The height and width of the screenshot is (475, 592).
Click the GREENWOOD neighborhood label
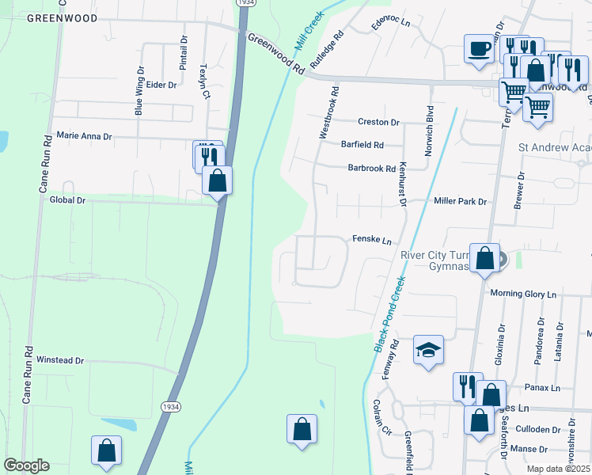coord(62,17)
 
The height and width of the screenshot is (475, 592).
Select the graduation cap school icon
coord(428,349)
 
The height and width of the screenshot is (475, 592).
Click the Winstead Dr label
coord(60,360)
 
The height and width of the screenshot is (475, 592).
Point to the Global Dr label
coord(67,200)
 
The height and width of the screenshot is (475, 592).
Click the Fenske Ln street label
coord(372,240)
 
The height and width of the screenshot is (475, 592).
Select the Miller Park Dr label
coord(460,202)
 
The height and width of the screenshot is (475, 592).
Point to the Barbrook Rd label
coord(372,168)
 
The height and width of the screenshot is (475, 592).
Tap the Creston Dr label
coord(378,122)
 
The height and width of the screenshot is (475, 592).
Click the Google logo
coord(26,465)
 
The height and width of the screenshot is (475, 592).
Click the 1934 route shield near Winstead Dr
coord(169,406)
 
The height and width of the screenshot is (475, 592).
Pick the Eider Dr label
coord(161,85)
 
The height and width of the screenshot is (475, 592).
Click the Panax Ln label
coord(543,388)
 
